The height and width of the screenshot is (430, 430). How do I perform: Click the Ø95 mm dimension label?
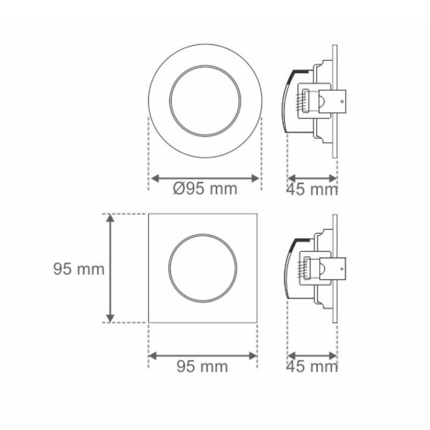[205, 189]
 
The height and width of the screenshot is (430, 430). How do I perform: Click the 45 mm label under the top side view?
[312, 189]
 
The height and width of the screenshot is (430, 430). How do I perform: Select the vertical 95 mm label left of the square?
[78, 269]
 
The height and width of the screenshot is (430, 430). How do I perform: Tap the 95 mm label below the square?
[202, 367]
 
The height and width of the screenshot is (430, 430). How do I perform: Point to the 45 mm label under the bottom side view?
[312, 367]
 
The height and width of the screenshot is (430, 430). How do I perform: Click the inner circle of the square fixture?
[203, 268]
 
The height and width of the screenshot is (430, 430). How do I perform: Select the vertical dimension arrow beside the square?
[110, 268]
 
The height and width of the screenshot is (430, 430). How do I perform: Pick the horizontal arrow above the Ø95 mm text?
[205, 177]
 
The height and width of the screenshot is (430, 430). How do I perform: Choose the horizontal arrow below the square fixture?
[203, 355]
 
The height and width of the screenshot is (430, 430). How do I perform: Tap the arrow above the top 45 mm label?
[312, 177]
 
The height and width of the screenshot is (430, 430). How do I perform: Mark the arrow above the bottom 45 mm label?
[312, 355]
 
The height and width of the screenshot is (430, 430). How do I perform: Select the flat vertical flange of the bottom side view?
[335, 269]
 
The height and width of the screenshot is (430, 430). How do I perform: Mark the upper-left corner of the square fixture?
[149, 214]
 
